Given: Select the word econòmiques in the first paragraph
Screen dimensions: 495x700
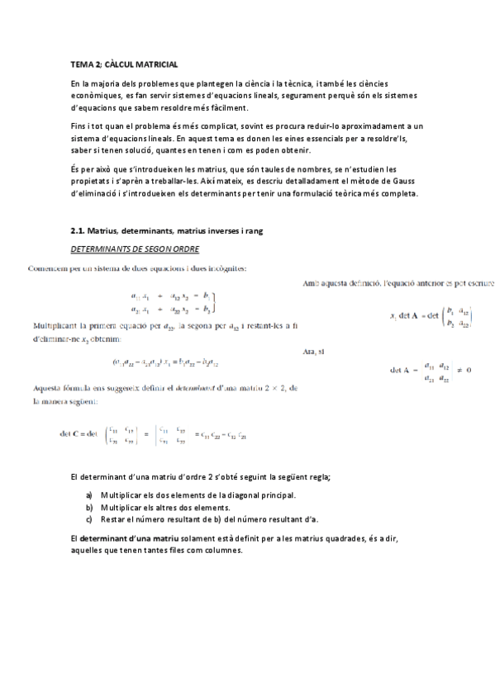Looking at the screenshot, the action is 97,96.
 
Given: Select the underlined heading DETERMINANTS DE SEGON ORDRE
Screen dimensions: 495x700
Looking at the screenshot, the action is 136,248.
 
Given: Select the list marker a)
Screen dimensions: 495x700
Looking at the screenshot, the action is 89,495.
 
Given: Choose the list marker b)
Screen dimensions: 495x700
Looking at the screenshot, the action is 89,507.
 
